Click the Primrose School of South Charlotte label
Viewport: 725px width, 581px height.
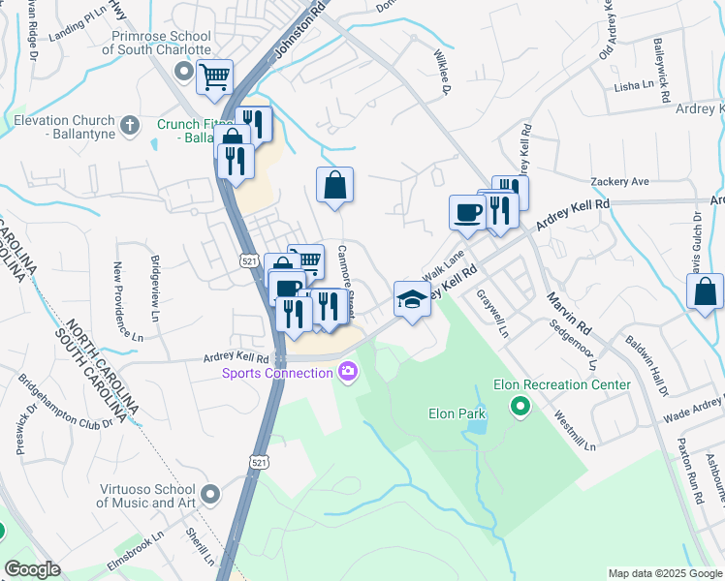pyautogui.click(x=161, y=44)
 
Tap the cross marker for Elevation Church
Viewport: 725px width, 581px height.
pyautogui.click(x=130, y=123)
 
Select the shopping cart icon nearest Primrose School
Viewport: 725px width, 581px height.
pyautogui.click(x=214, y=76)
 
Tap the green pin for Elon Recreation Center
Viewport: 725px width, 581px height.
pyautogui.click(x=520, y=406)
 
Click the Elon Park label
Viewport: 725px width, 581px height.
pyautogui.click(x=457, y=413)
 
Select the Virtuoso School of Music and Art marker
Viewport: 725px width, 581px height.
pyautogui.click(x=212, y=496)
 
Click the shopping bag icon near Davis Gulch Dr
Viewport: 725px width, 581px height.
pyautogui.click(x=705, y=290)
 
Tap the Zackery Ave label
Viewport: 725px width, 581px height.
pyautogui.click(x=619, y=182)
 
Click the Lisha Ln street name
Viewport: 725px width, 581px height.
pyautogui.click(x=634, y=87)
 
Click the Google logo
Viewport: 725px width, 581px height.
pyautogui.click(x=32, y=569)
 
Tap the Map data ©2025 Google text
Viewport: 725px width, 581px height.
pyautogui.click(x=664, y=573)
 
